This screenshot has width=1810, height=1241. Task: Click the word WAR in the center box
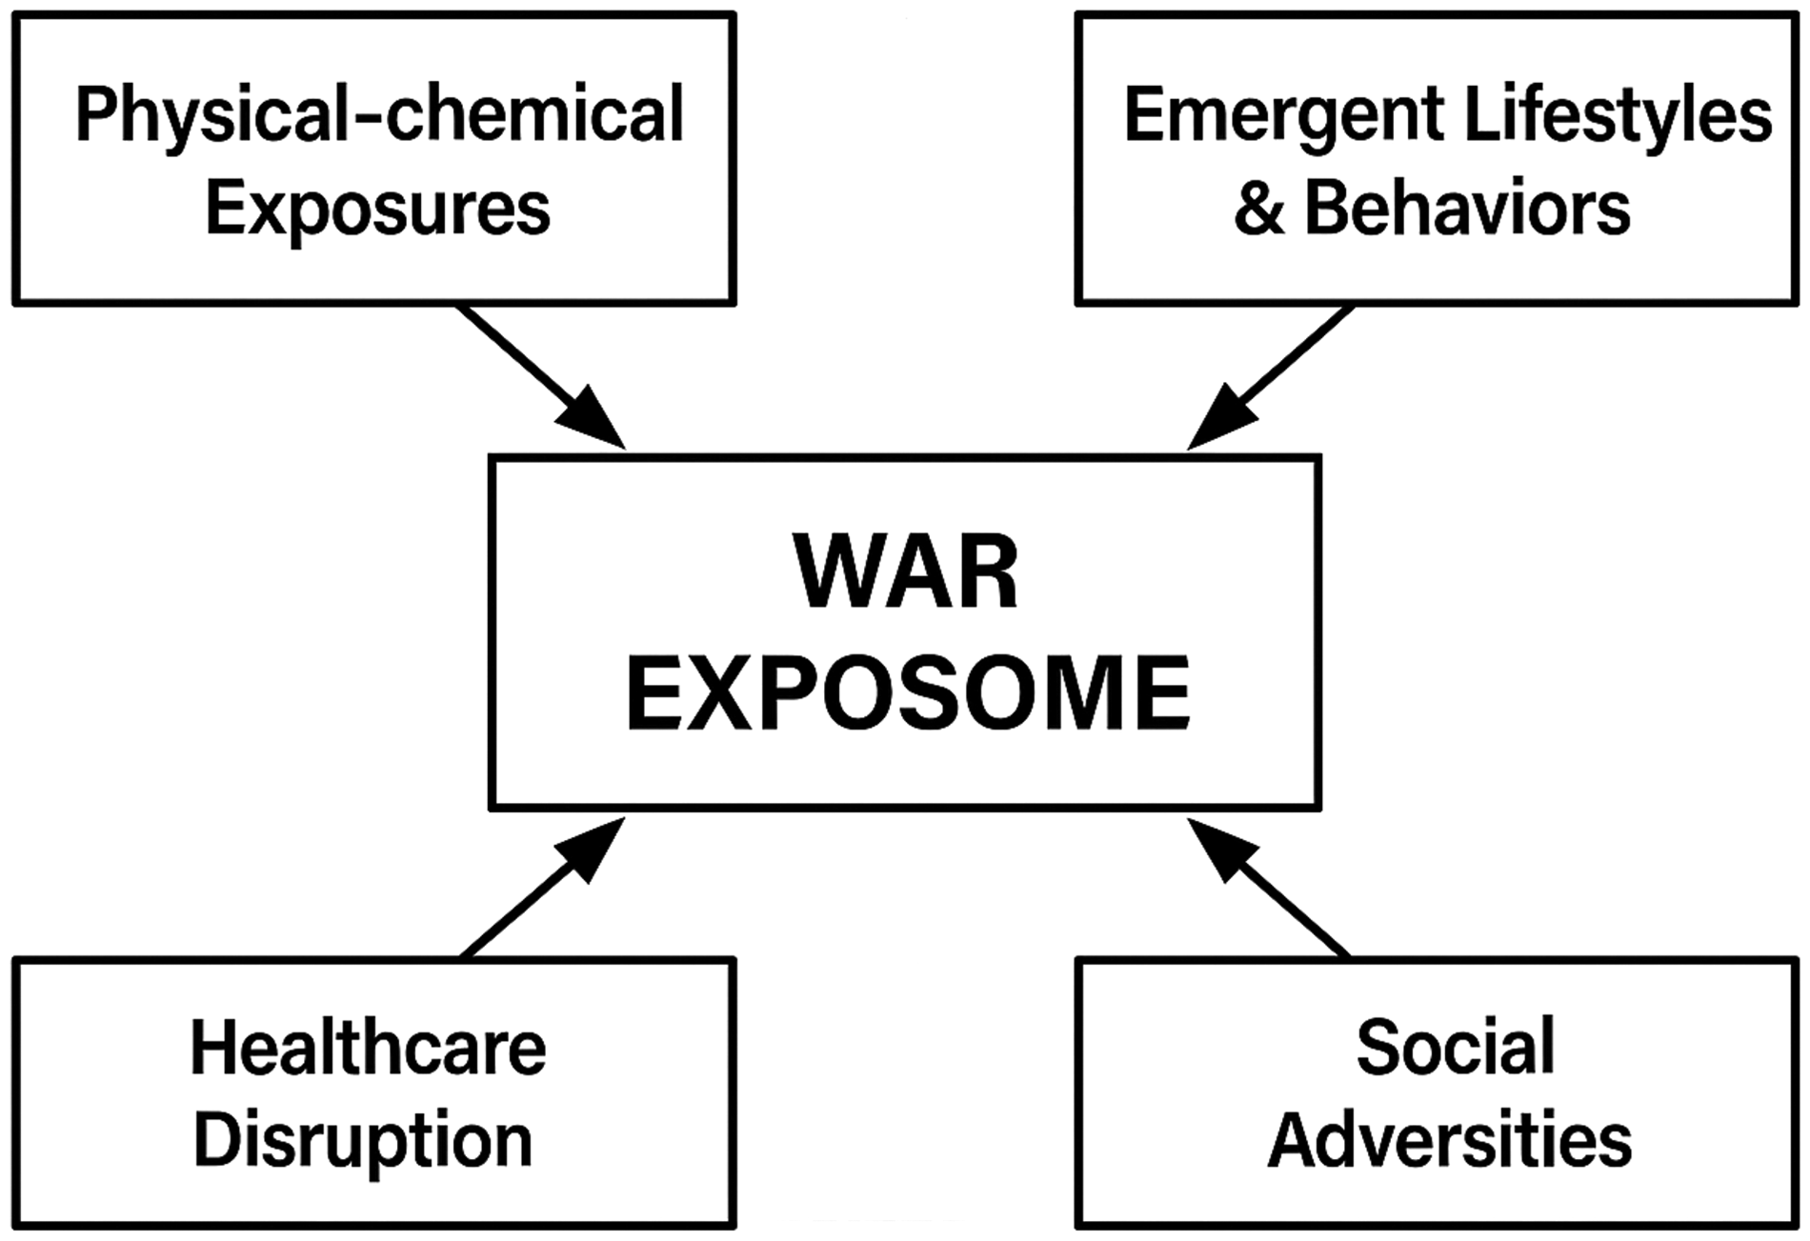pyautogui.click(x=906, y=572)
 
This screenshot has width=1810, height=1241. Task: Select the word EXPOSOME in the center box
pyautogui.click(x=907, y=692)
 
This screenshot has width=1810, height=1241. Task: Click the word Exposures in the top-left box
pyautogui.click(x=377, y=209)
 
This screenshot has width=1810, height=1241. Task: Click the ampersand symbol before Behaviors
pyautogui.click(x=1257, y=209)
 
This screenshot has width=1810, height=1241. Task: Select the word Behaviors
pyautogui.click(x=1467, y=208)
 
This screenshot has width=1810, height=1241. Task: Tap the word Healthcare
pyautogui.click(x=368, y=1048)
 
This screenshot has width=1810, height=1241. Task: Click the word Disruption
pyautogui.click(x=363, y=1141)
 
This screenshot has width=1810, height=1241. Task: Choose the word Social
pyautogui.click(x=1455, y=1047)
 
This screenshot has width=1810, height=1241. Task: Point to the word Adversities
pyautogui.click(x=1449, y=1140)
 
